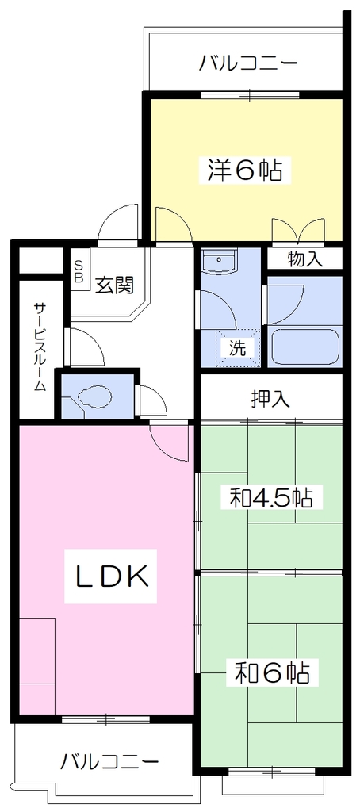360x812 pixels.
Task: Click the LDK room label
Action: tap(110, 576)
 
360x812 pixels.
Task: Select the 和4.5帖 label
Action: tap(270, 498)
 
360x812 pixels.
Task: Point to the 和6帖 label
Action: tap(272, 673)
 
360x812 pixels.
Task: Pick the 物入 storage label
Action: tap(305, 259)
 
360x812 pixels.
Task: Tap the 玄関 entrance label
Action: tap(115, 285)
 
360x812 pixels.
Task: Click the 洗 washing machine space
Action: tap(238, 348)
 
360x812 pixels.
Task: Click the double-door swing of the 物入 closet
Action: tap(299, 231)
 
